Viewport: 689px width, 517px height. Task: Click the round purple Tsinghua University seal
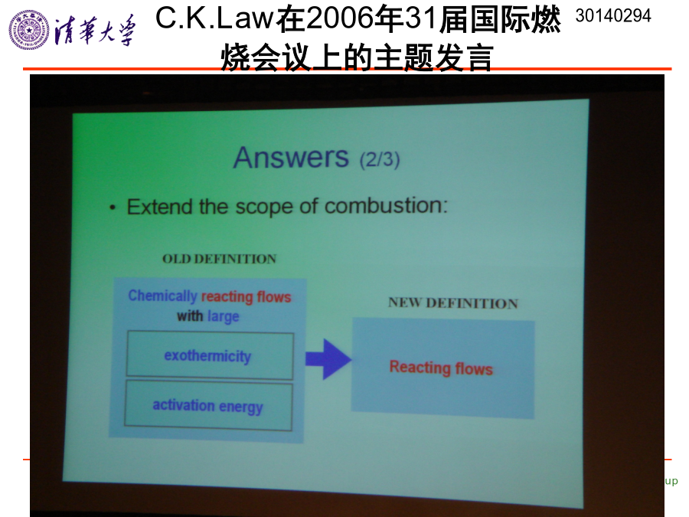(29, 30)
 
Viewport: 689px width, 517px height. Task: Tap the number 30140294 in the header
(613, 16)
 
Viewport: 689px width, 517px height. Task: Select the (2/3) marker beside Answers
(380, 159)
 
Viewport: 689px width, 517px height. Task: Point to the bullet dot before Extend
(113, 208)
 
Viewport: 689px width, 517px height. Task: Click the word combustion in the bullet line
(386, 206)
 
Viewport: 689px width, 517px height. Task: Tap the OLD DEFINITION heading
(219, 259)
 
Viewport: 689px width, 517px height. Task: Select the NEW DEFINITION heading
(453, 303)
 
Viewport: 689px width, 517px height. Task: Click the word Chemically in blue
(162, 296)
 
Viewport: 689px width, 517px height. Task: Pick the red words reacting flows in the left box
(246, 297)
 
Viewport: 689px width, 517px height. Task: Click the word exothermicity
(207, 355)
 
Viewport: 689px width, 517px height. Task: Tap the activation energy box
(208, 405)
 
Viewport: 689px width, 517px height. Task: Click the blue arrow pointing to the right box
(328, 359)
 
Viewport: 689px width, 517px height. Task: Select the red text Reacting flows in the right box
(441, 368)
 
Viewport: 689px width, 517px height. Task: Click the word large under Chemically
(224, 316)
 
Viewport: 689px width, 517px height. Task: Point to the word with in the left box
(190, 316)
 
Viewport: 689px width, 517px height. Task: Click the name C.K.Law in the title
(215, 18)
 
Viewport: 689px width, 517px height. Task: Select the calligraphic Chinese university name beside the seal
(94, 30)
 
